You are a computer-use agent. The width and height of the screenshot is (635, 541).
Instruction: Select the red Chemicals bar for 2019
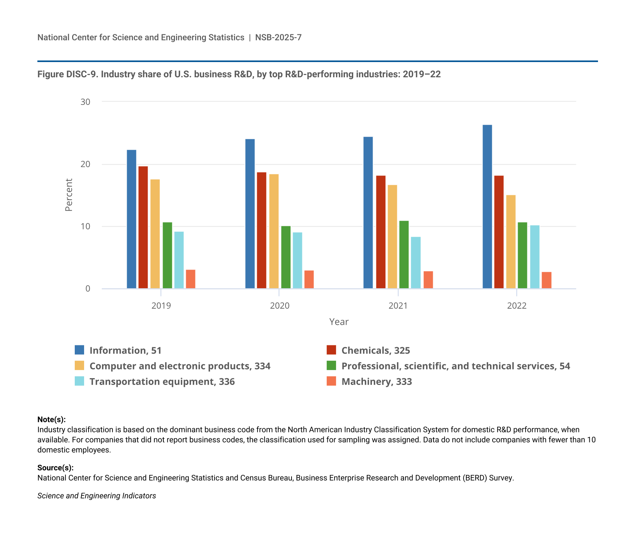143,227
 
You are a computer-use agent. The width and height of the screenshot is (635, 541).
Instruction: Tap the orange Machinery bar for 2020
309,279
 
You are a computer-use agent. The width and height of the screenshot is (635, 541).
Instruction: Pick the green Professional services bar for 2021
404,255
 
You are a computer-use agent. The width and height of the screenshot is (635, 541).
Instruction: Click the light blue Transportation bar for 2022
534,257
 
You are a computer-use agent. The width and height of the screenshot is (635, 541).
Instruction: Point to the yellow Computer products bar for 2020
274,231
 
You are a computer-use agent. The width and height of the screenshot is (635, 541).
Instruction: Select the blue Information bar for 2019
132,219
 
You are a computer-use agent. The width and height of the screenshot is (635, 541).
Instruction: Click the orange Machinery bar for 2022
546,280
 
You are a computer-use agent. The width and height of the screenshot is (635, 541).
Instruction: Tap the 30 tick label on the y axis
86,102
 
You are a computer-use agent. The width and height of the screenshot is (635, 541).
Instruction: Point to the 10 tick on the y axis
86,226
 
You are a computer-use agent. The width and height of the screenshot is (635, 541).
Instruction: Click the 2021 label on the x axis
398,306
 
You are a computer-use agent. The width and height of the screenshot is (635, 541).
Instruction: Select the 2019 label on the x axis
161,306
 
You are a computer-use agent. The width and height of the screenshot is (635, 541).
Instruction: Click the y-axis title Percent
69,195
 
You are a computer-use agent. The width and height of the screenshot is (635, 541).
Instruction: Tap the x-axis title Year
339,322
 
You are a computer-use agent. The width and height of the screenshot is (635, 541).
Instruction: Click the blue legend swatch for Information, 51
80,350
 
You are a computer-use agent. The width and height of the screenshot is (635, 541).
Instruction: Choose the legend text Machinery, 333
376,382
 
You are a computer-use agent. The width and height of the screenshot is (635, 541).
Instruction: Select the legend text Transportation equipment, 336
162,382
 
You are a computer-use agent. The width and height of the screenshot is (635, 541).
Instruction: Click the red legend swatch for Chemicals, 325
332,350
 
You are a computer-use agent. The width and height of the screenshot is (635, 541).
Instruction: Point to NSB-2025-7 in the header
278,37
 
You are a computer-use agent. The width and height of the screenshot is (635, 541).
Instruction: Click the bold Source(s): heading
55,468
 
